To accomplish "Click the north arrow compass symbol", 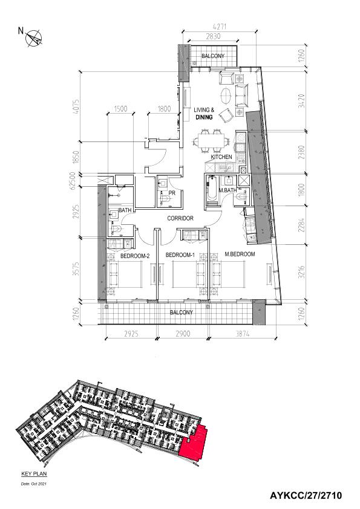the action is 34,38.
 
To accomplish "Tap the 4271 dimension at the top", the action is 219,26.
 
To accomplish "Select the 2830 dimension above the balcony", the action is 213,36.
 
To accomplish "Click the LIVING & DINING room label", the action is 204,114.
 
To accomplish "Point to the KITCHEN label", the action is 221,157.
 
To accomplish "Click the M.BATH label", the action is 227,190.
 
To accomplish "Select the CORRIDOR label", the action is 180,218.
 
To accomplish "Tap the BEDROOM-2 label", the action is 135,256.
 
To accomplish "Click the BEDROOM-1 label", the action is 180,255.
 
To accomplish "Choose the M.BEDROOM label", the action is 240,254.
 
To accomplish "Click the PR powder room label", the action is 172,193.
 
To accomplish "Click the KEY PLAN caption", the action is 34,473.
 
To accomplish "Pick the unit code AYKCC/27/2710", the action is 306,496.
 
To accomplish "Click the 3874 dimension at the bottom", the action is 242,333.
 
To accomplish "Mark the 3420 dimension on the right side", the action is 302,100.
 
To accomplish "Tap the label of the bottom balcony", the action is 182,313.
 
